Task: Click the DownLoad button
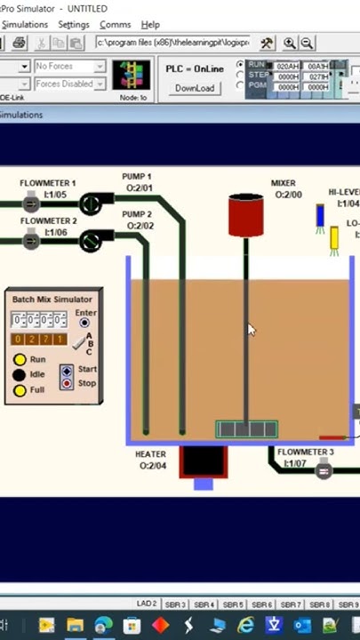(194, 88)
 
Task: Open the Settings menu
(74, 25)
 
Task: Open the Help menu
(150, 25)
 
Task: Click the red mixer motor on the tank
(246, 215)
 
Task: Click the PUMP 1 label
(137, 177)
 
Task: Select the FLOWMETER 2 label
(48, 220)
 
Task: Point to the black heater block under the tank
(203, 460)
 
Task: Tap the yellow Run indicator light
(20, 360)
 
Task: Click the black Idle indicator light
(20, 375)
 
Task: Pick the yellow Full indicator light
(20, 390)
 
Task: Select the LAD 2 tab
(147, 604)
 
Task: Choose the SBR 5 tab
(234, 604)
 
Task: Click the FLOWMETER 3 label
(305, 452)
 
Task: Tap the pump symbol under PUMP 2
(91, 241)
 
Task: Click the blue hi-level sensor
(320, 217)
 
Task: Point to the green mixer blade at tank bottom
(246, 430)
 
